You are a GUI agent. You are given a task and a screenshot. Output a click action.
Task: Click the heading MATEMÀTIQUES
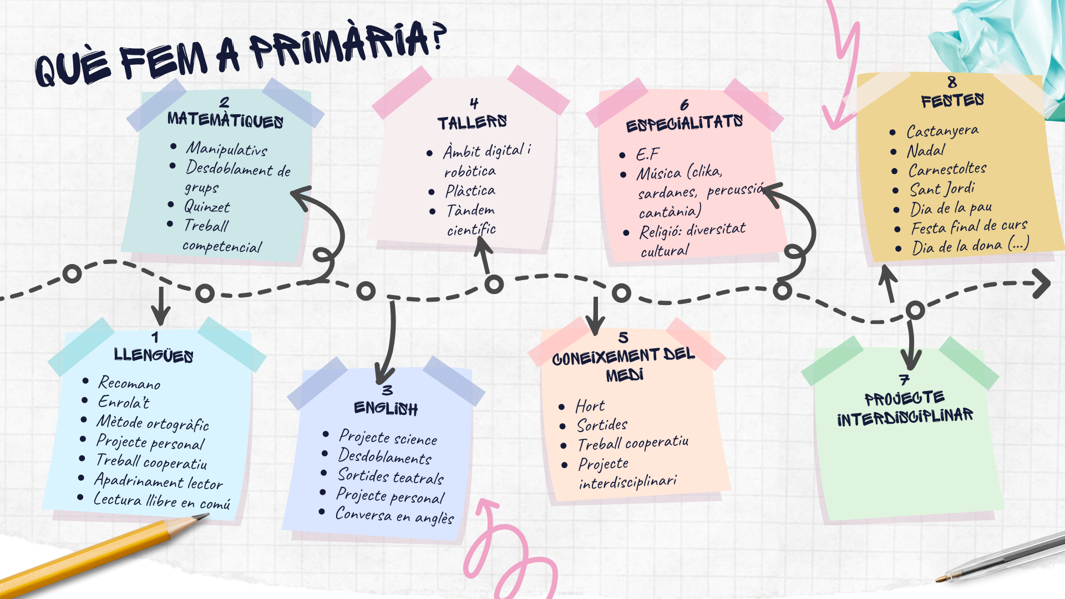[x=225, y=120]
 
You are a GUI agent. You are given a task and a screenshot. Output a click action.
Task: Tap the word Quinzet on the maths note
[x=207, y=207]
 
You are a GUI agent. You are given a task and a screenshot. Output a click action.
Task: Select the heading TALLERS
[x=472, y=123]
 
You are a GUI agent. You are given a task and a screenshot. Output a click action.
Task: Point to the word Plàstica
[x=470, y=191]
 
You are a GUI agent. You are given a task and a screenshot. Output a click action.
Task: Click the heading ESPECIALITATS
[x=684, y=124]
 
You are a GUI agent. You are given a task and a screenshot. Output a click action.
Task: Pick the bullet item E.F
[x=647, y=154]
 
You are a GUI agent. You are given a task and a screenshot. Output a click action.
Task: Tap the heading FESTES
[x=952, y=101]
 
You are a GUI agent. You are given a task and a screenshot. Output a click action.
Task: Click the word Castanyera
[x=942, y=131]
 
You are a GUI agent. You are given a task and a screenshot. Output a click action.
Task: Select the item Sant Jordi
[x=942, y=189]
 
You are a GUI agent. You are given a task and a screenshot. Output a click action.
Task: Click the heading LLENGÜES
[x=154, y=355]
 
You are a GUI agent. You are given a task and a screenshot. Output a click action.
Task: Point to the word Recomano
[x=129, y=383]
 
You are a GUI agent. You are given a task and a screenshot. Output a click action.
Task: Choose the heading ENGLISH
[x=386, y=409]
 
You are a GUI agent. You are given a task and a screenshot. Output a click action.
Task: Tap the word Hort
[x=590, y=407]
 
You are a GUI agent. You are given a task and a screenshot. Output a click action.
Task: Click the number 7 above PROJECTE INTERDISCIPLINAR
[x=905, y=380]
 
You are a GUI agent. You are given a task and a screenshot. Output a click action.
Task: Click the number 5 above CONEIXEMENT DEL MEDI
[x=623, y=337]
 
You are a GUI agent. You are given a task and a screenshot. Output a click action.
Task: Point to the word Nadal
[x=926, y=151]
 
